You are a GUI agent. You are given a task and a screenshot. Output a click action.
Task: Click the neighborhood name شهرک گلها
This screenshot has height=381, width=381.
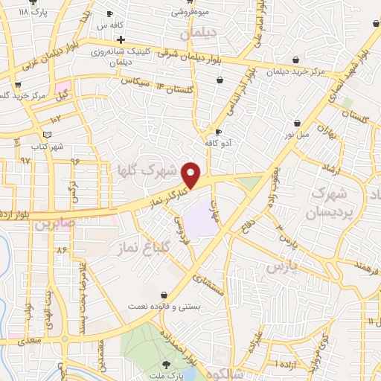point(149,170)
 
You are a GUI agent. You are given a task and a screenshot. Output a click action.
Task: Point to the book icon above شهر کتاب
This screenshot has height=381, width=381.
point(48,134)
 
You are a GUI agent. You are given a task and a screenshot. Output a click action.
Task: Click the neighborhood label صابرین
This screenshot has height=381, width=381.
point(54,221)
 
